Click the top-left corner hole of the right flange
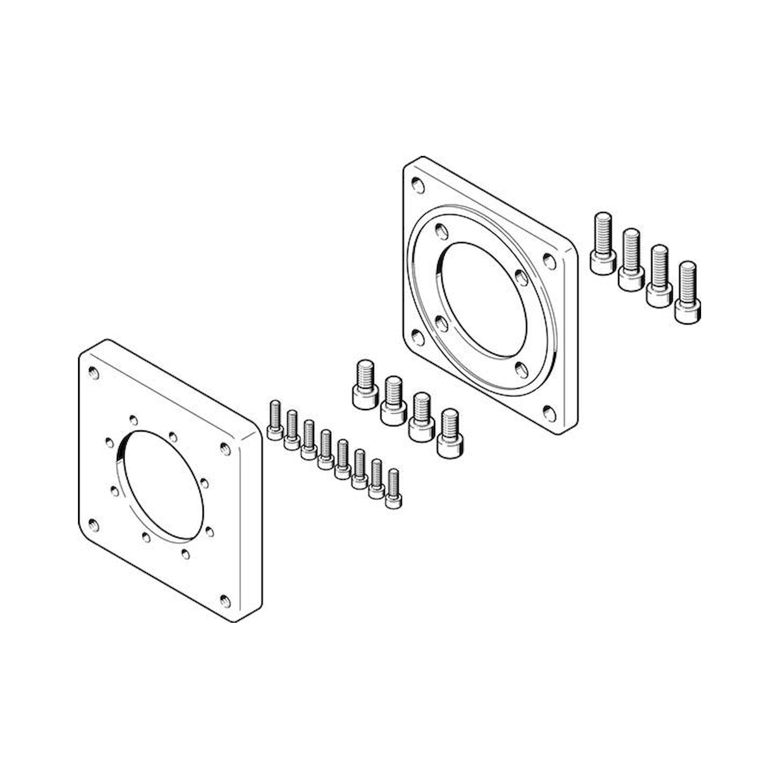click(418, 186)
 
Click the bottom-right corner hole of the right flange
click(549, 413)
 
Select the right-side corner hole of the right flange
click(549, 261)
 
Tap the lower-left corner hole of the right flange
click(418, 337)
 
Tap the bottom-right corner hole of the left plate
click(226, 601)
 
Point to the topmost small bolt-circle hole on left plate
click(133, 420)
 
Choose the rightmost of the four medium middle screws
click(450, 434)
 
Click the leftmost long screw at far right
click(603, 243)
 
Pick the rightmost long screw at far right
click(687, 293)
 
